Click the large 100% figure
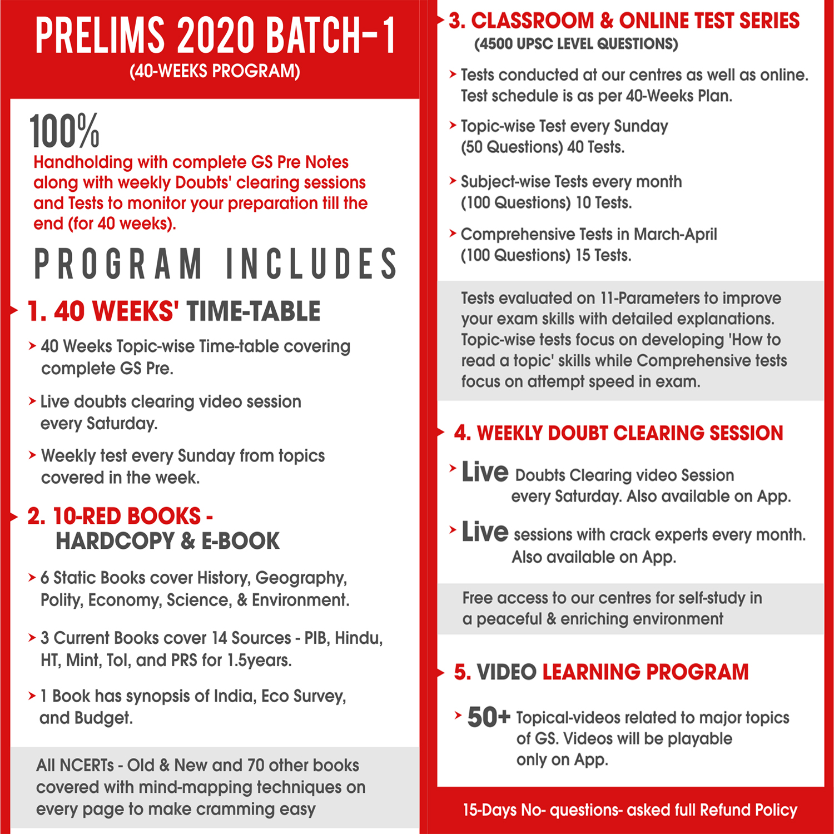tap(64, 131)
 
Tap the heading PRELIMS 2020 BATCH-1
tap(216, 36)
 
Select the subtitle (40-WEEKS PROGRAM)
tap(215, 71)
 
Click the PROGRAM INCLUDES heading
tap(216, 264)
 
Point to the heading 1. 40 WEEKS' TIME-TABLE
tap(174, 311)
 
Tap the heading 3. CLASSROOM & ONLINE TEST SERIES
tap(624, 21)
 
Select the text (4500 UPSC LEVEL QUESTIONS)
tap(576, 44)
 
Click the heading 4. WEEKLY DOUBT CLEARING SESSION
tap(618, 433)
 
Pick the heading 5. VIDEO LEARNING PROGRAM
tap(601, 672)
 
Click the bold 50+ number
tap(488, 717)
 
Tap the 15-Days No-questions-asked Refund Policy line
tap(630, 810)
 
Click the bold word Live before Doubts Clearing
tap(485, 472)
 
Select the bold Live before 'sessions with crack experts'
tap(485, 532)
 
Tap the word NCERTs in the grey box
tap(87, 766)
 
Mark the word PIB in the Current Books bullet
tap(315, 638)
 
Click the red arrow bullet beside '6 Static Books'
tap(32, 578)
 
